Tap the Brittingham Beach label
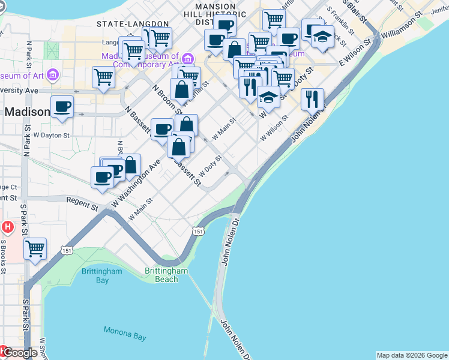tap(166, 275)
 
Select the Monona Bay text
tap(125, 333)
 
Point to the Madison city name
tap(28, 112)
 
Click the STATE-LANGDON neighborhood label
tap(133, 24)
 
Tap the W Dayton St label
tap(52, 136)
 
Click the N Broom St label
tap(163, 99)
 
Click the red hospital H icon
tap(7, 227)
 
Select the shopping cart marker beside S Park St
tap(35, 248)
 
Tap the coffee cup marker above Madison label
tap(62, 107)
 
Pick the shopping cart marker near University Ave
tap(103, 77)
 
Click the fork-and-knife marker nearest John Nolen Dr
tap(312, 99)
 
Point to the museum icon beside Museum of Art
tap(53, 76)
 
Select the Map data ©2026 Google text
tap(412, 355)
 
